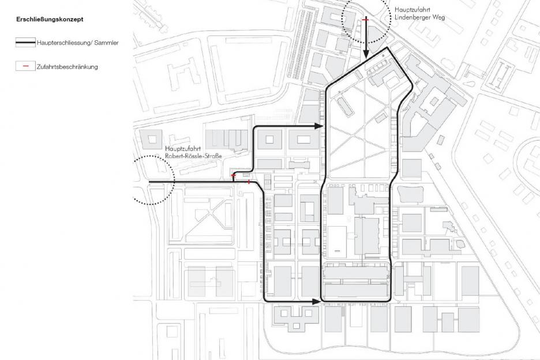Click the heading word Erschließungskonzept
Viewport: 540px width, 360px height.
pyautogui.click(x=50, y=19)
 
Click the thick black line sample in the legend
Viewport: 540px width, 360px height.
pyautogui.click(x=25, y=43)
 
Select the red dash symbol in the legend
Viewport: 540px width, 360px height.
pyautogui.click(x=25, y=66)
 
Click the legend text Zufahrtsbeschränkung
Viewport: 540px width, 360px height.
pyautogui.click(x=67, y=67)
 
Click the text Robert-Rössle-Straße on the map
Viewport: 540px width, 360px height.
pyautogui.click(x=193, y=156)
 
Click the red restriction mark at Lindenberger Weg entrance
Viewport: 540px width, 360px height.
pyautogui.click(x=366, y=20)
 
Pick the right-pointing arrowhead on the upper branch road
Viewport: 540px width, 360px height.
pyautogui.click(x=318, y=126)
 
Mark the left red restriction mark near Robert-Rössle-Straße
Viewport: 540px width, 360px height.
pyautogui.click(x=234, y=176)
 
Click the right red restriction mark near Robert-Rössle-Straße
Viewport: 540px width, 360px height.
pyautogui.click(x=249, y=182)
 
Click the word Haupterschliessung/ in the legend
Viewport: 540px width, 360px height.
pyautogui.click(x=65, y=43)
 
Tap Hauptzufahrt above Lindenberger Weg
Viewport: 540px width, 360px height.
pyautogui.click(x=408, y=10)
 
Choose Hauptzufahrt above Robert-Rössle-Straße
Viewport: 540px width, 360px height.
pyautogui.click(x=179, y=149)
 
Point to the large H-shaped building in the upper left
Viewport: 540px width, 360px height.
pyautogui.click(x=182, y=74)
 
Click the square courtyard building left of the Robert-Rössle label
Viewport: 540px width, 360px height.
pyautogui.click(x=151, y=140)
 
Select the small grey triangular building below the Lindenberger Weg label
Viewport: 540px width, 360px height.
pyautogui.click(x=376, y=37)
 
